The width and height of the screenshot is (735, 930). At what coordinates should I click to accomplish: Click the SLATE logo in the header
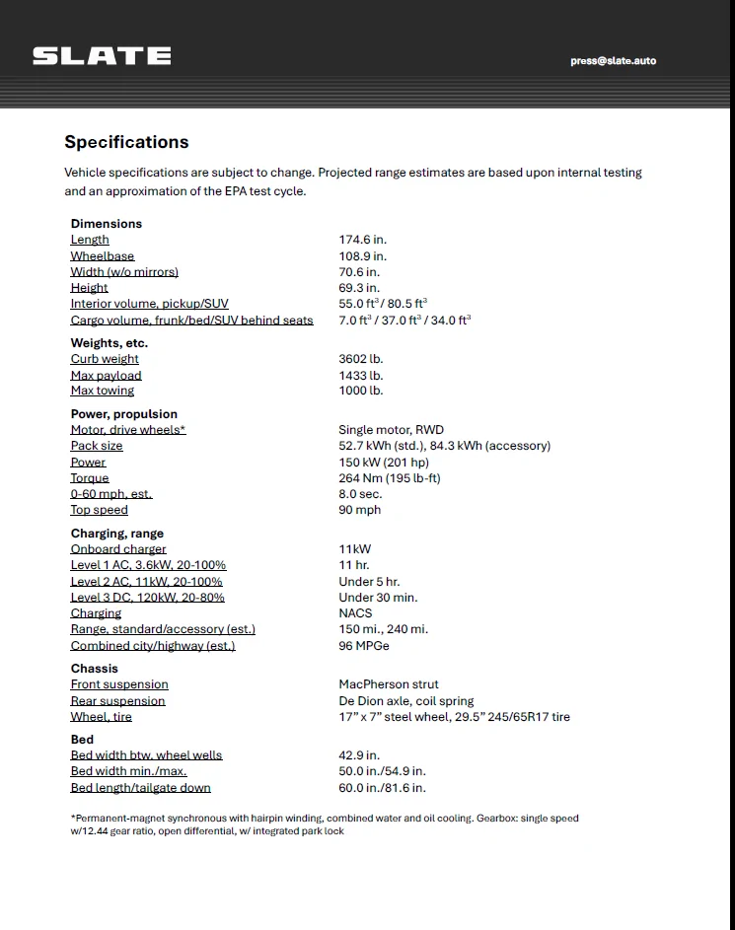click(x=102, y=56)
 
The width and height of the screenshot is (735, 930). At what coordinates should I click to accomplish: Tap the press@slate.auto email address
click(x=613, y=61)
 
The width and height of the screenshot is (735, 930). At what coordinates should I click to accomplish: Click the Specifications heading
click(x=126, y=142)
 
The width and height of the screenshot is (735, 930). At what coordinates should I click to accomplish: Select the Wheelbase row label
click(x=102, y=256)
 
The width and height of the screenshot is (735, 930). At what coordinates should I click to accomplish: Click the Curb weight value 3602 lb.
click(x=361, y=359)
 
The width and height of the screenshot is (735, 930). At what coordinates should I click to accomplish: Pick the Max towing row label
click(x=102, y=392)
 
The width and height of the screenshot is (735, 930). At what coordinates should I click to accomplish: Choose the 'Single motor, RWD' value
click(x=391, y=430)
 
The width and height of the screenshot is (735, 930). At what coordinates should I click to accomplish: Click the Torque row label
click(x=90, y=478)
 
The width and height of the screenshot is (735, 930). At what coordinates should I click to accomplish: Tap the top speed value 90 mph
click(x=359, y=510)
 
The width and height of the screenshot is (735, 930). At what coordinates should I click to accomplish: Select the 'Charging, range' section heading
click(x=116, y=534)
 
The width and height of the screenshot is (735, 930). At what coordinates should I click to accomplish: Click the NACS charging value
click(x=355, y=613)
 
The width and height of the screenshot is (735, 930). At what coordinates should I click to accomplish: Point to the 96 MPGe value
click(x=364, y=646)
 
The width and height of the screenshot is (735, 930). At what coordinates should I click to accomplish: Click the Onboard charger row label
click(x=118, y=549)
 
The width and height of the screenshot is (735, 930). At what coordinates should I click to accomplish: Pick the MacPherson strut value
click(x=389, y=684)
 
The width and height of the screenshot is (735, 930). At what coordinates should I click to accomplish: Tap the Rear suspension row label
click(x=117, y=701)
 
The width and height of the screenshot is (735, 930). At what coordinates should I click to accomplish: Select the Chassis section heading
click(x=94, y=669)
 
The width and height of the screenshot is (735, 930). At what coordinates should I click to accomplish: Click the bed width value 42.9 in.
click(x=360, y=755)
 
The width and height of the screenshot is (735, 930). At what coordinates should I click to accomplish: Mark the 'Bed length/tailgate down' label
click(x=140, y=788)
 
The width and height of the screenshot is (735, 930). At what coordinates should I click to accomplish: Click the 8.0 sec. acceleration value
click(x=360, y=494)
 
